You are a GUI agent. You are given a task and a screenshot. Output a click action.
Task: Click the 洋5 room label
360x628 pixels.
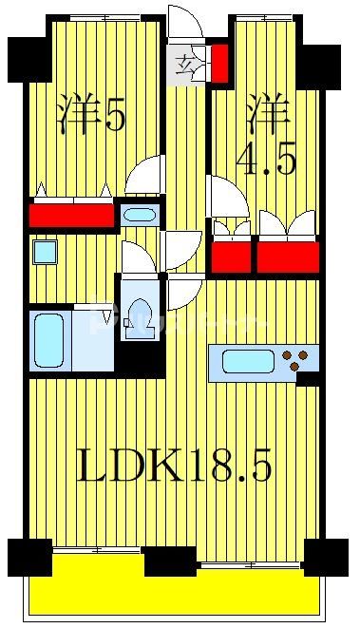click(x=91, y=115)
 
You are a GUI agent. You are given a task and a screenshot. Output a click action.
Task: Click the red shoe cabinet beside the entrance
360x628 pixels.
click(x=218, y=63)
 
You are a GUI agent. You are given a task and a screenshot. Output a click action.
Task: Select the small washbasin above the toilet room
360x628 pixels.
click(x=139, y=214)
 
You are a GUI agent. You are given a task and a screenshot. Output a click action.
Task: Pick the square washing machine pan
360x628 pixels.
click(x=44, y=253)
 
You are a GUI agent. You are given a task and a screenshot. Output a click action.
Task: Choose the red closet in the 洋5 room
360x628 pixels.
click(x=71, y=216)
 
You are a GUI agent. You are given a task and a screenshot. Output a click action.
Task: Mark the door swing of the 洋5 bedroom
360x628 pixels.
click(x=146, y=176)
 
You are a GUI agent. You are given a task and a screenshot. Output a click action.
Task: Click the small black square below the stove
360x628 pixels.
click(x=307, y=380)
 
